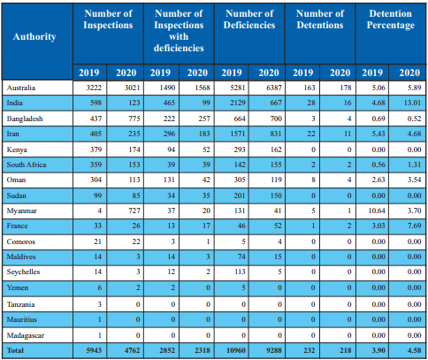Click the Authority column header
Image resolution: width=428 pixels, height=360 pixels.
(x=34, y=36)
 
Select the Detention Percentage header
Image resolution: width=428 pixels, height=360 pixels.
(x=391, y=19)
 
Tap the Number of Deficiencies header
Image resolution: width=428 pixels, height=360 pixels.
(x=249, y=19)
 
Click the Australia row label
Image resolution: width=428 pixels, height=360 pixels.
(x=21, y=88)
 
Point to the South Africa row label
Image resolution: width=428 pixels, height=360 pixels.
(x=27, y=165)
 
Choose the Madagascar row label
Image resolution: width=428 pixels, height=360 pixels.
(x=26, y=335)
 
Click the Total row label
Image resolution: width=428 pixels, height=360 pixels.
(x=15, y=350)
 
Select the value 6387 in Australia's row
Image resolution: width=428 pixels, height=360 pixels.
(x=273, y=88)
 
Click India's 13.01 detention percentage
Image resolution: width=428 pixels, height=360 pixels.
(x=412, y=103)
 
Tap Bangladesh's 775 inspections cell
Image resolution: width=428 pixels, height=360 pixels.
(x=134, y=119)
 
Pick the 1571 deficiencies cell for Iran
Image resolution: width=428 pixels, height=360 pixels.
(x=238, y=134)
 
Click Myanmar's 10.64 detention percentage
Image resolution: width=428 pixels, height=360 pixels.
(x=377, y=211)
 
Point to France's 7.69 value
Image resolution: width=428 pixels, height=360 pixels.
(x=414, y=226)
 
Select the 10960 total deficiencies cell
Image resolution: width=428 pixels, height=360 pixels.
(x=236, y=350)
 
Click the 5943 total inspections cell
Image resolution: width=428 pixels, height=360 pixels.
(x=94, y=350)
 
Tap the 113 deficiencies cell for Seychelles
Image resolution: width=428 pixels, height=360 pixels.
(x=240, y=272)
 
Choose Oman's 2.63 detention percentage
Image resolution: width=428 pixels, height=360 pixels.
(x=378, y=180)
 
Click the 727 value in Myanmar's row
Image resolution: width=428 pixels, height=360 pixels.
(x=134, y=211)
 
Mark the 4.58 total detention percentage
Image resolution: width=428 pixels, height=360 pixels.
(x=414, y=350)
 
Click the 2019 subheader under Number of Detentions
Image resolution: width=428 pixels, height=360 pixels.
(x=303, y=73)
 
